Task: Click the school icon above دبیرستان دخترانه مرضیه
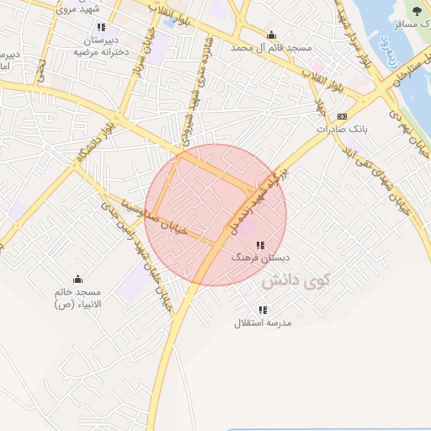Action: tap(101, 27)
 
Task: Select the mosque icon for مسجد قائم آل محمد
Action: tap(271, 35)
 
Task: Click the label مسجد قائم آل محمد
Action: tap(271, 49)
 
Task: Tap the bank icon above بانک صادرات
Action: tap(342, 116)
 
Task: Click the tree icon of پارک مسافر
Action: tap(417, 11)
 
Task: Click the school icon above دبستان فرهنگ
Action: tap(260, 245)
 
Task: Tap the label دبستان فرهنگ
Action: tap(260, 258)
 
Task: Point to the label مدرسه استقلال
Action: tap(263, 322)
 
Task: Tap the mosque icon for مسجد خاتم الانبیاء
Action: tap(78, 279)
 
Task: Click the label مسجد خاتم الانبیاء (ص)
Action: tap(77, 297)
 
